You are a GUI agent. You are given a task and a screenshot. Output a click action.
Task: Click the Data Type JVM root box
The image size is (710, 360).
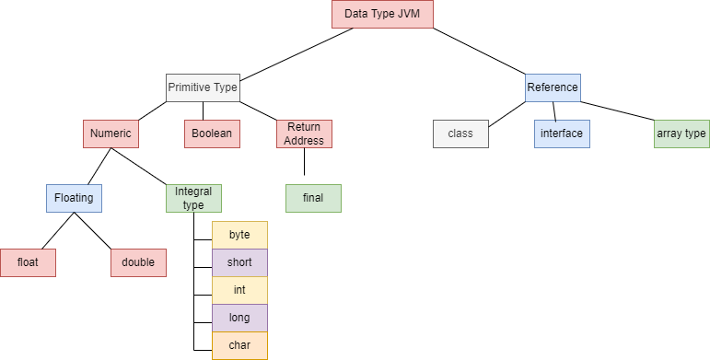[381, 14]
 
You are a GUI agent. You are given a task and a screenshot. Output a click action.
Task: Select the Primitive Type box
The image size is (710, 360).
[203, 87]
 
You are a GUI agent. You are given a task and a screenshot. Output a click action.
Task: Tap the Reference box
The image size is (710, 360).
[553, 87]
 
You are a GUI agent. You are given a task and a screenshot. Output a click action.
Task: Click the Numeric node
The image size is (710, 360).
[111, 134]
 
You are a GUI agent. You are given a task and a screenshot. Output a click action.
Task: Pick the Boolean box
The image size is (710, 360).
[212, 134]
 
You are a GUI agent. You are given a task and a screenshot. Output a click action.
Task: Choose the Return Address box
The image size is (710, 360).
[304, 134]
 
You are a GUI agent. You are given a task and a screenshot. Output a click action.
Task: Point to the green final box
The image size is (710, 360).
[313, 198]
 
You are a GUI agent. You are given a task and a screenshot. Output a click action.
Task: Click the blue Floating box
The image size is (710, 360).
[74, 198]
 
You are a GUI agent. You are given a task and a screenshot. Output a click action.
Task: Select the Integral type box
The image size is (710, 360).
[193, 198]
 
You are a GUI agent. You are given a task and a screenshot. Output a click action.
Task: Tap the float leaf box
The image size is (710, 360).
[28, 262]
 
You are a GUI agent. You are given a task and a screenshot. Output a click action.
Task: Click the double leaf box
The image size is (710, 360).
[138, 262]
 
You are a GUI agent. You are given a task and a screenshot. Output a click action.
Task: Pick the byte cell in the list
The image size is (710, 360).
[239, 235]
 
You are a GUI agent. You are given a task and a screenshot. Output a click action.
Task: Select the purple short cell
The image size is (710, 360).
[239, 262]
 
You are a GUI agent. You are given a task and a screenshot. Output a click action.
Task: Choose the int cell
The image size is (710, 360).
[239, 290]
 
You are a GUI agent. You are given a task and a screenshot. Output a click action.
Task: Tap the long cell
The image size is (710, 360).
[239, 318]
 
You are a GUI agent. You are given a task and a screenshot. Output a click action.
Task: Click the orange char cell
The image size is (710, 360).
[239, 345]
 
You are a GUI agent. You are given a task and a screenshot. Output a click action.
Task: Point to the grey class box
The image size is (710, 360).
[460, 134]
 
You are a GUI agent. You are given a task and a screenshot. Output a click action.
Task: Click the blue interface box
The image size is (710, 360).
[562, 134]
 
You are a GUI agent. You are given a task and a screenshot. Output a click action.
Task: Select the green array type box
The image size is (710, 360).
[681, 134]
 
